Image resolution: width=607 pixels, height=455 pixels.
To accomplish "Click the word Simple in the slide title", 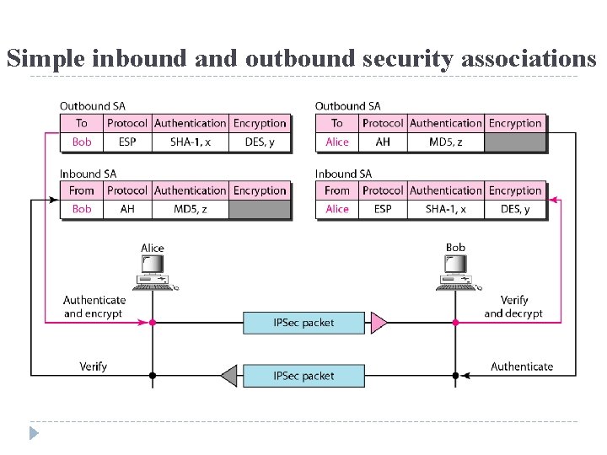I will [x=46, y=58].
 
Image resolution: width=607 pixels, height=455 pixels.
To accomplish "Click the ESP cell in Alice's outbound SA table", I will [x=127, y=142].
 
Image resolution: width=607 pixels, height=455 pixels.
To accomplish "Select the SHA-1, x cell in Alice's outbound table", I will [x=190, y=142].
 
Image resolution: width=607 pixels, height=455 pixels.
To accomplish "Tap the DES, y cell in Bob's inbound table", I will [x=514, y=209].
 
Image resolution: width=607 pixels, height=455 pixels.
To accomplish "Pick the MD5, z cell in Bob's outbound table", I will [x=445, y=142].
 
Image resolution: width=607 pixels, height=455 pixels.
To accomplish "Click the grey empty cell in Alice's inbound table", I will [x=260, y=209].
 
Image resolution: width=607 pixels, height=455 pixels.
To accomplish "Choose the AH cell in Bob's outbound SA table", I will [x=383, y=142].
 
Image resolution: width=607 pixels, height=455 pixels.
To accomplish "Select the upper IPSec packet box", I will [x=303, y=322].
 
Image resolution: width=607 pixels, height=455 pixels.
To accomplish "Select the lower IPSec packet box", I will [x=303, y=376].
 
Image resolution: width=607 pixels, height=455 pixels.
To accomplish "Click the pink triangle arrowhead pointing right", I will [x=379, y=322].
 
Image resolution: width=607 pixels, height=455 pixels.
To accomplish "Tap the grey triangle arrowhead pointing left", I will [x=228, y=376].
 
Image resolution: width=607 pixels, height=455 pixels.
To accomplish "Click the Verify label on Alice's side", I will [x=94, y=367].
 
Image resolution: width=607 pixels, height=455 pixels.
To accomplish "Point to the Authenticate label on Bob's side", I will [x=522, y=367].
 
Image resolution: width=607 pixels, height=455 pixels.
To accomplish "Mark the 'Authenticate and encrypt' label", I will [x=94, y=307].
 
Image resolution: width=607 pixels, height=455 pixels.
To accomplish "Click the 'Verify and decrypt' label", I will [x=513, y=307].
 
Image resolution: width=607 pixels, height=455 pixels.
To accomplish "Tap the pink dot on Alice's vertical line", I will [x=153, y=322].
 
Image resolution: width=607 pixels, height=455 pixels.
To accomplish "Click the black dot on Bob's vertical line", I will [x=455, y=376].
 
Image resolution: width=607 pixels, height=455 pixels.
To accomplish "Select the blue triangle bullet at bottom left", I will [x=34, y=433].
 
